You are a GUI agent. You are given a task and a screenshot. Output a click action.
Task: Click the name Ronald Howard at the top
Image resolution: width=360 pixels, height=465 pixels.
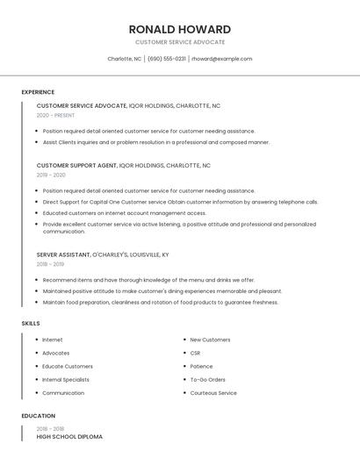[x=180, y=29]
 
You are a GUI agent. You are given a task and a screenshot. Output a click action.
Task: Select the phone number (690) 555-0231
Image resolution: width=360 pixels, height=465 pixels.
[x=167, y=59]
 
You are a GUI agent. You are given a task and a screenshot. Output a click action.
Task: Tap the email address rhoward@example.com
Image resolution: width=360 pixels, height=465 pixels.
[x=222, y=59]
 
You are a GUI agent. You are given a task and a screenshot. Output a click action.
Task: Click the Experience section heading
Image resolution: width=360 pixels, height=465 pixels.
[x=38, y=92]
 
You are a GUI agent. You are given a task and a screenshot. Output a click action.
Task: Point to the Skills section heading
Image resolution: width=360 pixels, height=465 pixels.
[x=31, y=324]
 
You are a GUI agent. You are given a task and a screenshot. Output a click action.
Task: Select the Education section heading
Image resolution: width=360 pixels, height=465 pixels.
[x=38, y=416]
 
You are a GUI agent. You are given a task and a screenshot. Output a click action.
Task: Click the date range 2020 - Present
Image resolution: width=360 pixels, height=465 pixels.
[x=55, y=115]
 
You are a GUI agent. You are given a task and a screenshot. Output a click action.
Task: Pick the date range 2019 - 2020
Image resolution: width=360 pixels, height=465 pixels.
[x=51, y=175]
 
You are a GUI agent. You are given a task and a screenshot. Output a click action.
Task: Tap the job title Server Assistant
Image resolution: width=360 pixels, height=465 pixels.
[x=63, y=254]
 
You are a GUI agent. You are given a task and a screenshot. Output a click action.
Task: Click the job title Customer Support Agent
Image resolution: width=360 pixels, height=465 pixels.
[x=77, y=165]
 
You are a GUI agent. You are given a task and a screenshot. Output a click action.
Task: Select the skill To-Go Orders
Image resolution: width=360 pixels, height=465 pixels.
[x=207, y=380]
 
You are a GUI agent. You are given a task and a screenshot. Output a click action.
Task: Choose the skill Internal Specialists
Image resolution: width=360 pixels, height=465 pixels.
[x=66, y=380]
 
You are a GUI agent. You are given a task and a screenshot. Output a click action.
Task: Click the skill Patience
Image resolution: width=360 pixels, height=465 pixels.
[x=201, y=367]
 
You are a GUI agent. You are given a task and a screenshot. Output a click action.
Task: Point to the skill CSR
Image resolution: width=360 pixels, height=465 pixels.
[x=195, y=353]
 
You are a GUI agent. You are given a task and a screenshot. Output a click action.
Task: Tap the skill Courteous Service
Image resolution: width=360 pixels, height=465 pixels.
[x=213, y=393]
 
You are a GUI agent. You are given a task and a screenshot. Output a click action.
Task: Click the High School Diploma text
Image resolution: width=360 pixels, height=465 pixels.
[x=69, y=436]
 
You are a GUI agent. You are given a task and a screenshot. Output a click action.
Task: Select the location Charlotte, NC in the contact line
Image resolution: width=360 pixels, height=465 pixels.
[x=124, y=59]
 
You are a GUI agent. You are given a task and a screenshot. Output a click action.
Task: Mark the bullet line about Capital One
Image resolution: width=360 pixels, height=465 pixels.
[x=180, y=202]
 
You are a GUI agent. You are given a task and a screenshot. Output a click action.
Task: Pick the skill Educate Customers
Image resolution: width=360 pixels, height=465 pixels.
[x=68, y=367]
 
